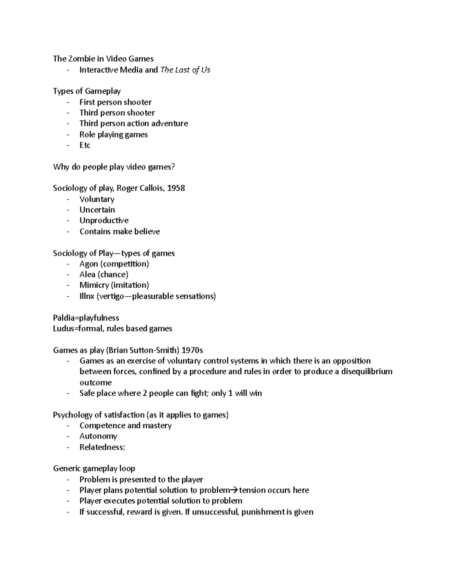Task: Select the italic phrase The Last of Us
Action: pos(185,70)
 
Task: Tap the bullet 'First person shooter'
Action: pos(115,102)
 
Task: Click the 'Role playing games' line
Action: pos(114,134)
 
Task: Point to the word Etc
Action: pos(85,145)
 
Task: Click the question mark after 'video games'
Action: pos(173,167)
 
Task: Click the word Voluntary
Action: pos(97,199)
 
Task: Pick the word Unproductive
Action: pos(104,221)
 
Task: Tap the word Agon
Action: pos(89,264)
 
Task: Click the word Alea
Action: pos(87,275)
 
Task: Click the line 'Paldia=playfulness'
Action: pos(86,318)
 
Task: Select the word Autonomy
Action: pos(98,436)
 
